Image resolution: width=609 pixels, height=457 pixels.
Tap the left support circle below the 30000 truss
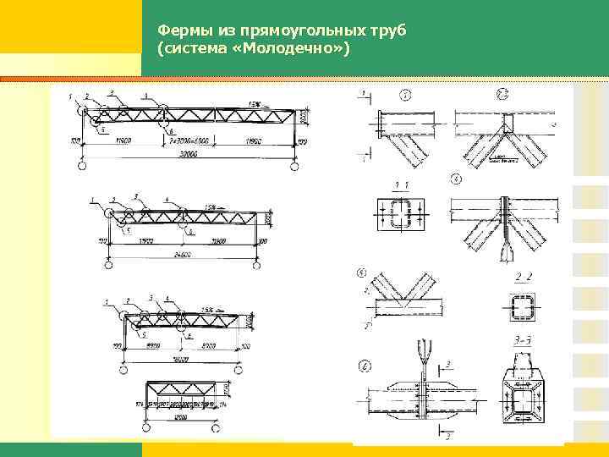point(81,167)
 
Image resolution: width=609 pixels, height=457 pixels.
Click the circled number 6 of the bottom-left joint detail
point(364,366)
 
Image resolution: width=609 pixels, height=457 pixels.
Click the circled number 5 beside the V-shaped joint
point(362,273)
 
